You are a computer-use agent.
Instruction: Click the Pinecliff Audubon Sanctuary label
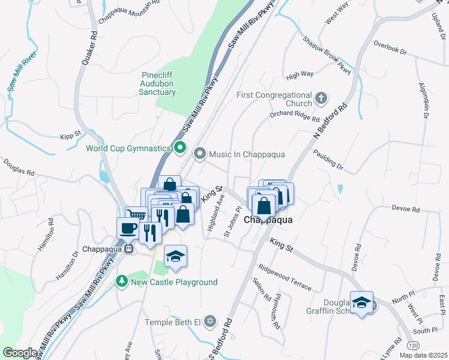(x=157, y=83)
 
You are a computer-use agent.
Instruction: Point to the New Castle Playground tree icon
(x=121, y=281)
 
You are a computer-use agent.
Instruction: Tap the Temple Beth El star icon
(x=209, y=322)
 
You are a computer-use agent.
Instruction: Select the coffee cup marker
(x=127, y=228)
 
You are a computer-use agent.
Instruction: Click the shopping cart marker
(x=137, y=214)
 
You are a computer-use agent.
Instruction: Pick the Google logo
(x=20, y=352)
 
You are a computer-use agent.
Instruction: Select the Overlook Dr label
(x=390, y=47)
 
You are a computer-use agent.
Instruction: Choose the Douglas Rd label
(x=19, y=167)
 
